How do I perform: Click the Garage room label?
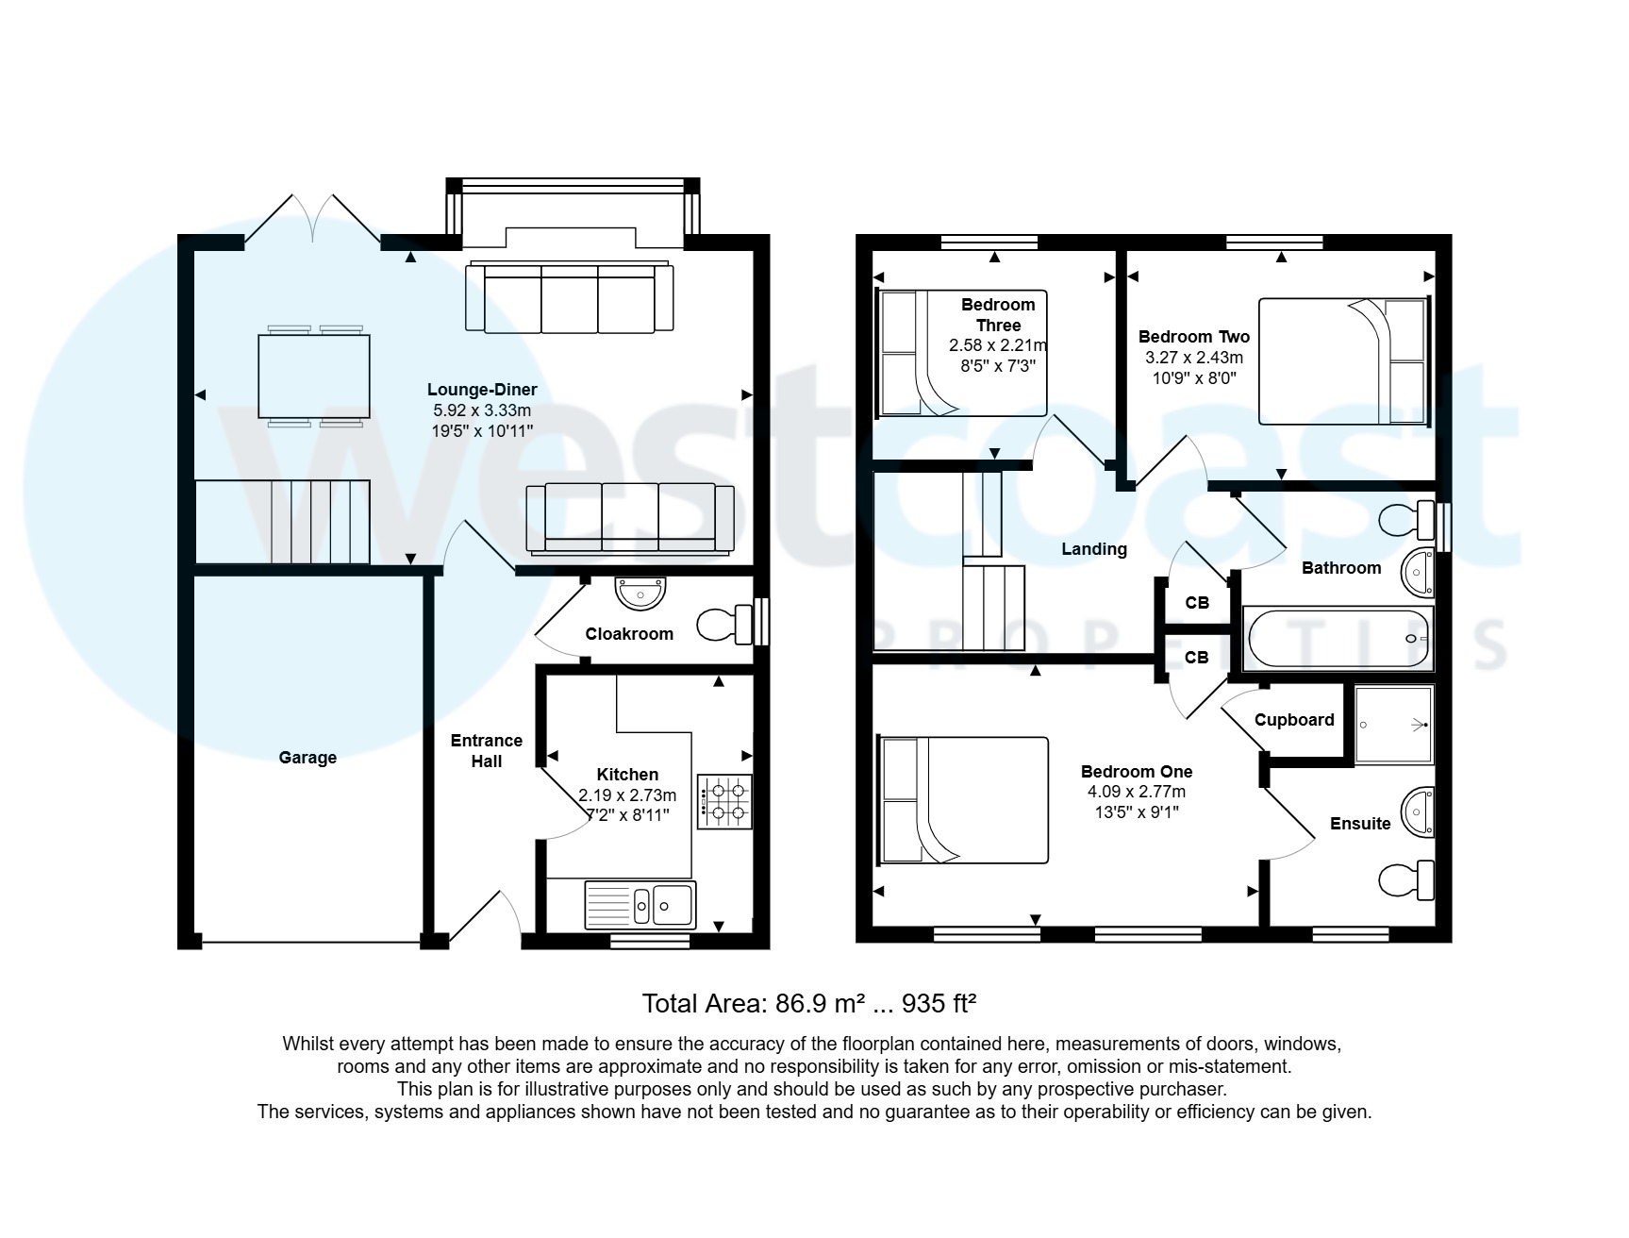click(308, 758)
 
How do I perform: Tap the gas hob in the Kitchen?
click(724, 801)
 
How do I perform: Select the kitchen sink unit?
click(640, 904)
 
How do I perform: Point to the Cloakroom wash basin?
click(640, 594)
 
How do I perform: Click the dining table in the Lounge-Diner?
click(314, 376)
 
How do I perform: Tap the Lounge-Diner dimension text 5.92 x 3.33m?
click(482, 410)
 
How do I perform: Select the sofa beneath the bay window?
click(570, 298)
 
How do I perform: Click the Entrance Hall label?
click(486, 751)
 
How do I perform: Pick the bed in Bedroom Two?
click(1343, 360)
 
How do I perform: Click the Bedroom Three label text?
click(998, 314)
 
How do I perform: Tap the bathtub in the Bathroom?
click(1338, 638)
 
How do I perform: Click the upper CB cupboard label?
click(1197, 603)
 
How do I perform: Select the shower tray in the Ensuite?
click(1393, 725)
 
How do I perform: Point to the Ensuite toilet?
click(1406, 880)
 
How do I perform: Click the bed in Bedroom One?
click(963, 800)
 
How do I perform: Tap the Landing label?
click(1094, 549)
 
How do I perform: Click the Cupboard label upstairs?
click(1294, 720)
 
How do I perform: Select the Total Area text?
click(808, 1003)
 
